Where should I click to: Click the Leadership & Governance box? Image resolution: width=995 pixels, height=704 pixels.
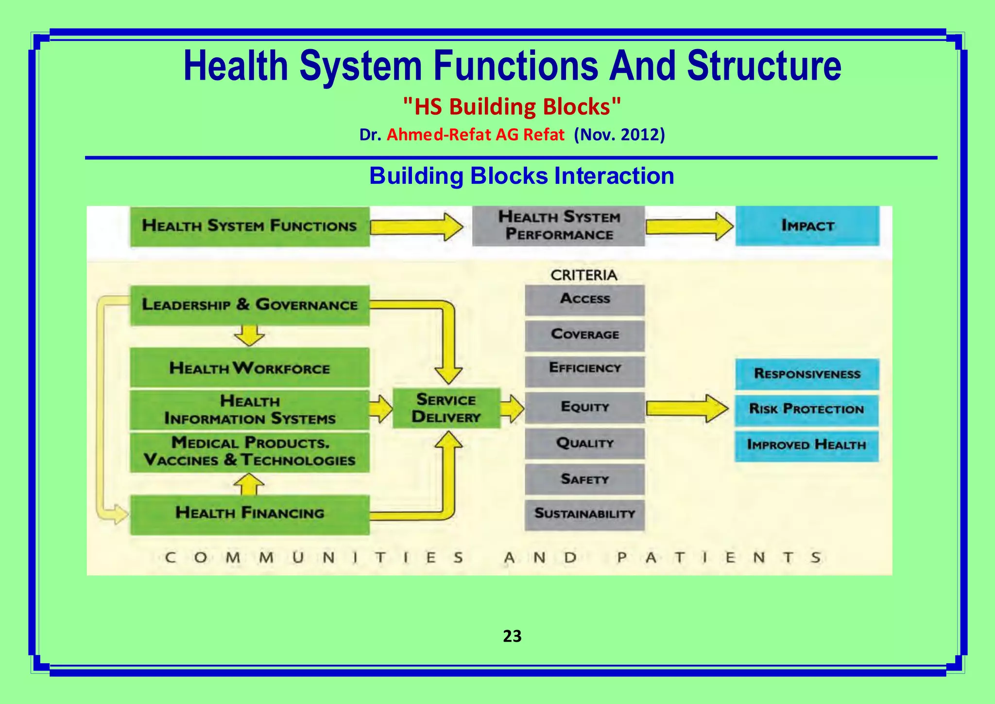[x=250, y=305]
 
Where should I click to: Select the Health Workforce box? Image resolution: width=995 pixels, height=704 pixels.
[x=250, y=368]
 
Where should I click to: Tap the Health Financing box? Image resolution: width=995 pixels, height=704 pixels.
[x=250, y=513]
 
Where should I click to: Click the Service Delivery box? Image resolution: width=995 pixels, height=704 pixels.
[x=446, y=408]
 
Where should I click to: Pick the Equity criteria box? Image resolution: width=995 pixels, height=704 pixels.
[x=584, y=407]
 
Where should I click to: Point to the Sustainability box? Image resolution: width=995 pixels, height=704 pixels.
[x=584, y=514]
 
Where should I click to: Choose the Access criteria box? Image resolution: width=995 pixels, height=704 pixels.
[x=584, y=299]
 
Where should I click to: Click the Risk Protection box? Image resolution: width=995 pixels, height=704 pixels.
[x=806, y=409]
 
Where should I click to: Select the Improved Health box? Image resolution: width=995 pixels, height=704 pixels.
[x=806, y=445]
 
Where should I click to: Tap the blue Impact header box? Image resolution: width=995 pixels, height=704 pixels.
[x=807, y=226]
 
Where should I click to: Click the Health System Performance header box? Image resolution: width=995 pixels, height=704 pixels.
[x=559, y=226]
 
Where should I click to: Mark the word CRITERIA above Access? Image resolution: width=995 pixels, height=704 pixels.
[x=583, y=275]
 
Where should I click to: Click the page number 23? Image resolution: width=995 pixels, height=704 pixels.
[x=512, y=636]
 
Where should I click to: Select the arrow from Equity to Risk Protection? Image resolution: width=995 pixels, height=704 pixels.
[x=686, y=408]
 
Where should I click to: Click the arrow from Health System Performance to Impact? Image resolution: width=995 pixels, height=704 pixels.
[x=689, y=226]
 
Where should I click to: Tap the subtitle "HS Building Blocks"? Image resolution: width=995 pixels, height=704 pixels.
[x=512, y=106]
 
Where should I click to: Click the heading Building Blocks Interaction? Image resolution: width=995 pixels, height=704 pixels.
[x=521, y=176]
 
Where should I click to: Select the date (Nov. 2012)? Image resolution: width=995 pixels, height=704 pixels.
[x=619, y=135]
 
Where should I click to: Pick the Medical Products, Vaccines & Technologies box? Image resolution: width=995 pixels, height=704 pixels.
[x=250, y=452]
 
